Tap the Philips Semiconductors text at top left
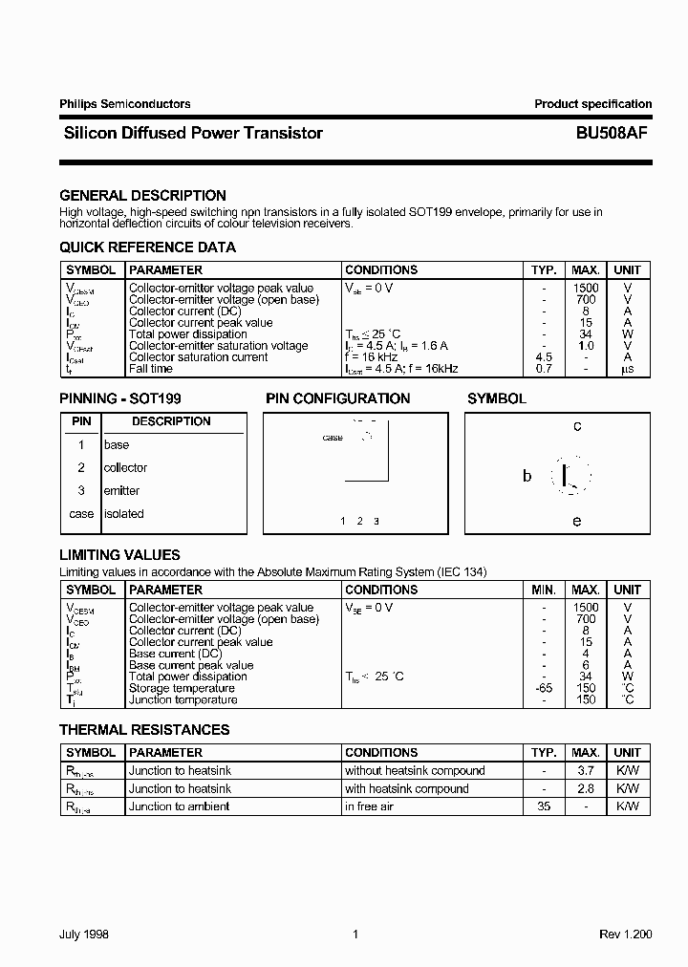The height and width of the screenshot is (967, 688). pos(124,104)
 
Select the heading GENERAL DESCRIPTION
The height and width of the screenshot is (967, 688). pos(142,196)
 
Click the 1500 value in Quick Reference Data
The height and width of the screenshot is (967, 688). pos(586,288)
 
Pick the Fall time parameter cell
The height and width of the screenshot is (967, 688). pos(151,369)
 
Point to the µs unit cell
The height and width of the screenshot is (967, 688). pos(627,369)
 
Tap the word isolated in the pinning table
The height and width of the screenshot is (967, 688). pos(123,514)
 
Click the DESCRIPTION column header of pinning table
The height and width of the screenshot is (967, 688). pos(171,421)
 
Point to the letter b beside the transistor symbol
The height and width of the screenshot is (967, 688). pos(527,476)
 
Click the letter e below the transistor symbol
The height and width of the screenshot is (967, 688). pos(577,521)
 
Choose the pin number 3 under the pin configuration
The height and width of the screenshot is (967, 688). pos(376,521)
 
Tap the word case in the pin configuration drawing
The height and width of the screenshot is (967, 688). pos(333,438)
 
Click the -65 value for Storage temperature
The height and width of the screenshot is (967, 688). pos(544,688)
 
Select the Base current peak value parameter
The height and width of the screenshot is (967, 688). pos(191,665)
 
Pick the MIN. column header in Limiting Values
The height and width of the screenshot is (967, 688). pos(544,591)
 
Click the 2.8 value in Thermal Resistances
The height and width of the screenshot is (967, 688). pos(586,789)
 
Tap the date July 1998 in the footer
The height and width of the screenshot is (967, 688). pos(84,935)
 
